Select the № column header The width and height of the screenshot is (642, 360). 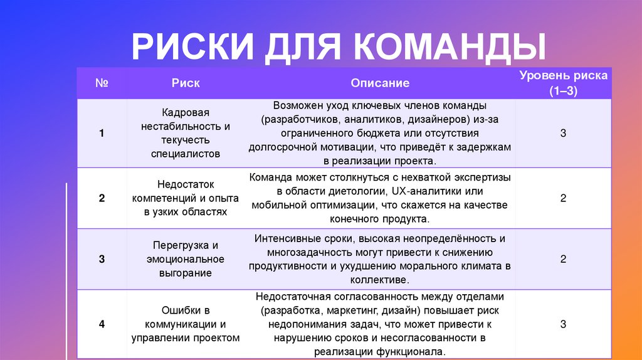(x=101, y=83)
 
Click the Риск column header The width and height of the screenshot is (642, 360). (x=186, y=83)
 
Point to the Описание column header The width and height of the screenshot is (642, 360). (x=380, y=83)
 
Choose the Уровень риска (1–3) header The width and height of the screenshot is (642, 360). (x=563, y=83)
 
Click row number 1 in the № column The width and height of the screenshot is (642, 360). (x=101, y=133)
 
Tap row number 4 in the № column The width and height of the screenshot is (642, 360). (x=101, y=324)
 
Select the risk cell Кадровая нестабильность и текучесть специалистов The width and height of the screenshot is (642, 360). (x=186, y=133)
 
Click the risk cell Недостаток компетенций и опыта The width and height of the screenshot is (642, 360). (x=186, y=198)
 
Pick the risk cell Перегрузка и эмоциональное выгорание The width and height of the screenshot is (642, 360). (x=186, y=259)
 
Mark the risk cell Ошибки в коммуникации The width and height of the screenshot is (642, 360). (x=186, y=324)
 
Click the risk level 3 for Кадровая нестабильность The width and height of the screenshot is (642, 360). (x=563, y=133)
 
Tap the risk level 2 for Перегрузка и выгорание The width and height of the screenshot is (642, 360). (x=563, y=258)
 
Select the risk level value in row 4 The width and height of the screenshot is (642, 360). (x=563, y=324)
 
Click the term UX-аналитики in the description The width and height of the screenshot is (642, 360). (x=424, y=191)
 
